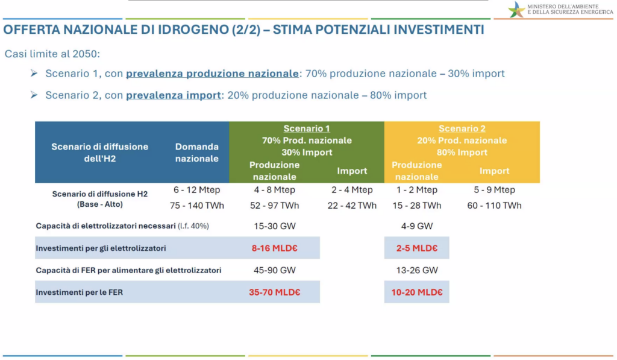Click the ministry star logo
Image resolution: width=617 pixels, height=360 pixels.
[x=516, y=10]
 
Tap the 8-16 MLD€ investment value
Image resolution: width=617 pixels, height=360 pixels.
[x=275, y=248]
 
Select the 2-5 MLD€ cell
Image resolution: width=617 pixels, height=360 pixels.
[x=417, y=248]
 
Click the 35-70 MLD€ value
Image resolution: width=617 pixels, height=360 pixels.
[x=275, y=292]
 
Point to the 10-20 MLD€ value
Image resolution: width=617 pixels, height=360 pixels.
[x=417, y=292]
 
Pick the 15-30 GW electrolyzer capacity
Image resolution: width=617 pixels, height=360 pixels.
[x=275, y=226]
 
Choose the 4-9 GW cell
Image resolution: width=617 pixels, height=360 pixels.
[x=417, y=226]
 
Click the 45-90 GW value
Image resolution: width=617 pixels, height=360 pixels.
[x=275, y=270]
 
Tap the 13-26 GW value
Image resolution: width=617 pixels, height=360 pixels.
[x=417, y=270]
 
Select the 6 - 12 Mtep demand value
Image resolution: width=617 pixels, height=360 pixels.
[x=197, y=190]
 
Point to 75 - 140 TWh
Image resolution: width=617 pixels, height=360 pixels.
[x=197, y=206]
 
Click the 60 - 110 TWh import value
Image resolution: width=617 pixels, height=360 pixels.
[x=494, y=206]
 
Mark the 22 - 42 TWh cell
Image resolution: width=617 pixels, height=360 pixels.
[x=352, y=206]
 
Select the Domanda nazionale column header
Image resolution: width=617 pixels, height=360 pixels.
[x=197, y=153]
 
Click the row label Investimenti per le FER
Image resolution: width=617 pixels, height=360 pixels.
[x=79, y=292]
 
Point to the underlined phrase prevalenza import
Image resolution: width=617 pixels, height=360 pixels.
[x=173, y=95]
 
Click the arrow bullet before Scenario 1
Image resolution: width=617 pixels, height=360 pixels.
[x=34, y=73]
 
